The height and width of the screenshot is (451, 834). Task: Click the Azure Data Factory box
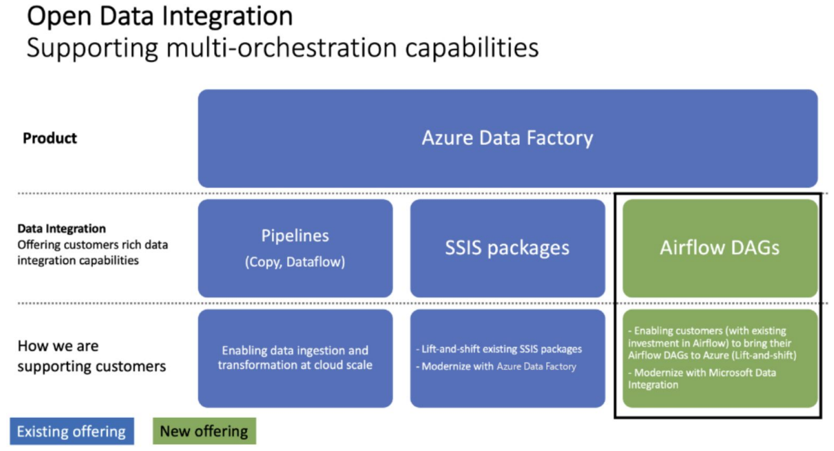(507, 138)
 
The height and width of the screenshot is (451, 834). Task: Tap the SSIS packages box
(507, 248)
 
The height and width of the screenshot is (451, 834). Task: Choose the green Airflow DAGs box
(719, 248)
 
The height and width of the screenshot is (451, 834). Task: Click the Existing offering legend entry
(72, 432)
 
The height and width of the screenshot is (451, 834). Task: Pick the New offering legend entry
(204, 432)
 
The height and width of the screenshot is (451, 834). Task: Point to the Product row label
(50, 138)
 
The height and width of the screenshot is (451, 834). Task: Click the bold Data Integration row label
(61, 229)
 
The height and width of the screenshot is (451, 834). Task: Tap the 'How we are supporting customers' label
(91, 356)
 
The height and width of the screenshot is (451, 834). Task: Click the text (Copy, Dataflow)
(295, 262)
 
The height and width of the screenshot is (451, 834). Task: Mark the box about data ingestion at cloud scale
(295, 357)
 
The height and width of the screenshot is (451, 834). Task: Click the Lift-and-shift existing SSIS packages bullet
(500, 349)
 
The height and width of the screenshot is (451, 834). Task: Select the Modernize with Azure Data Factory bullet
(497, 366)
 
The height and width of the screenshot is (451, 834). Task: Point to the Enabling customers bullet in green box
(711, 343)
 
